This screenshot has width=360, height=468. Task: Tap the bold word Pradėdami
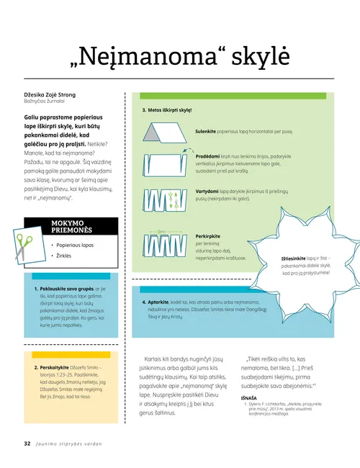(208, 156)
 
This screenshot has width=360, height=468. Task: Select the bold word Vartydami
(207, 192)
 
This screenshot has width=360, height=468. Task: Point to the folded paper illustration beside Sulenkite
(168, 132)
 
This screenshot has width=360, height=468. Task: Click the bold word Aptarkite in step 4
(159, 302)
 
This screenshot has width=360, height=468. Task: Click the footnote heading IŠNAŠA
(249, 397)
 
